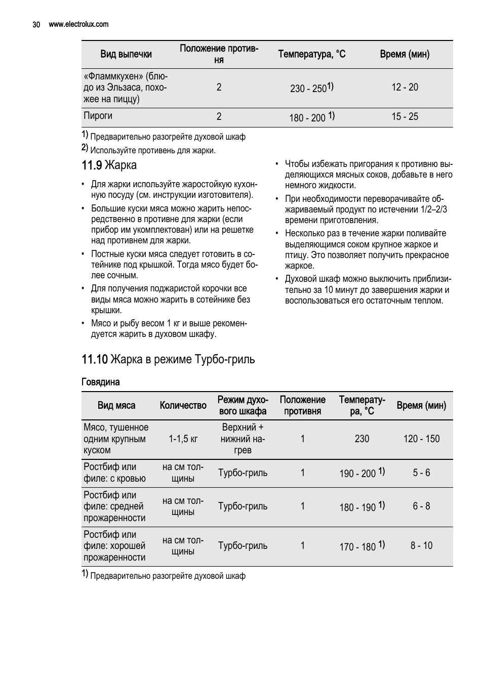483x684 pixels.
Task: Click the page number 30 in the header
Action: (36, 24)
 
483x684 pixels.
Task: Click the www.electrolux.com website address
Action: (78, 24)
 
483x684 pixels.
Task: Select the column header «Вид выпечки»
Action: (126, 54)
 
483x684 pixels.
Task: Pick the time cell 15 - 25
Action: (405, 117)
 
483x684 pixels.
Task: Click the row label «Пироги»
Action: (98, 116)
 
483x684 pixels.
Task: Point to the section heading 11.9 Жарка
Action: (109, 165)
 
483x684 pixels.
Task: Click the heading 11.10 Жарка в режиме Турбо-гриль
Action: (168, 359)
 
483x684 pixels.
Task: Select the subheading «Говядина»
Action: (101, 382)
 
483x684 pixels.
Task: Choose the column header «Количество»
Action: (183, 405)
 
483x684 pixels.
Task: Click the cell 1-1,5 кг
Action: (183, 439)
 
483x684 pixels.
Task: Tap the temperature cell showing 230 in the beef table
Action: (362, 439)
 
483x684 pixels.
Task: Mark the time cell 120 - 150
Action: (421, 439)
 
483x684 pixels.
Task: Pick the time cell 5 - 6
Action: (421, 473)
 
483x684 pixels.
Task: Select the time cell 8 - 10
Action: (421, 545)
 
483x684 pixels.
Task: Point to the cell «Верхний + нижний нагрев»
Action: (243, 439)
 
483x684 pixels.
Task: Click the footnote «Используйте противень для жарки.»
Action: (152, 150)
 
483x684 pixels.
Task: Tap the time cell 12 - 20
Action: (405, 87)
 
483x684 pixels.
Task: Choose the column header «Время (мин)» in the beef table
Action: (421, 405)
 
